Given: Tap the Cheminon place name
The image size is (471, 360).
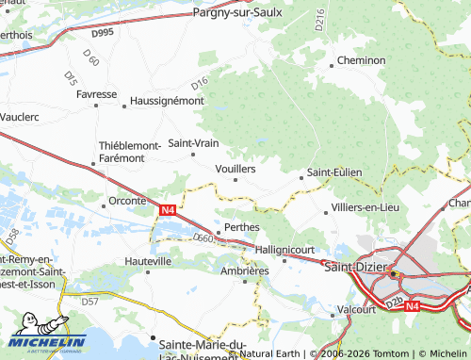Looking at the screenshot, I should click(362, 60).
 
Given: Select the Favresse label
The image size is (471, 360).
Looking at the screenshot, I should click(96, 95).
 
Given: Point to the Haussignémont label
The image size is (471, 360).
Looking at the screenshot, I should click(166, 100).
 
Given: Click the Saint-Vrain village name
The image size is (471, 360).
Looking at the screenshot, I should click(193, 143).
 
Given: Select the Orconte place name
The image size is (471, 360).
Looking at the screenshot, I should click(127, 201).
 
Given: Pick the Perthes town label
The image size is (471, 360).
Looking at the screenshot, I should click(242, 227).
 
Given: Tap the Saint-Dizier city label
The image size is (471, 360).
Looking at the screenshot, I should click(354, 267).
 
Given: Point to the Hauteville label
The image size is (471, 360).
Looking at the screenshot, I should click(148, 260).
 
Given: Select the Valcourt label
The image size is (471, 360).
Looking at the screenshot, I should click(356, 308).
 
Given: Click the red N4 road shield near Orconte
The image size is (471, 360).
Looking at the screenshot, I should click(167, 209).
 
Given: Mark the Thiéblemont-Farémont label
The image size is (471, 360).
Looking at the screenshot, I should click(129, 151).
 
